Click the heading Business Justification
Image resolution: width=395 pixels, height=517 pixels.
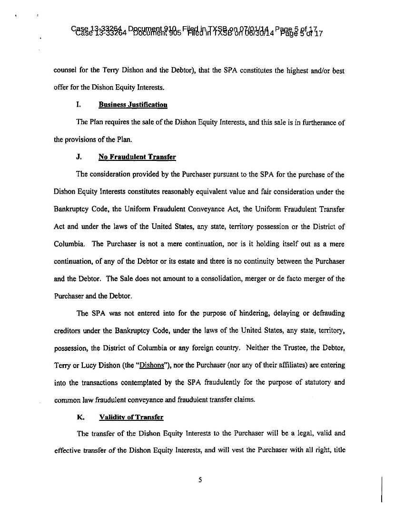(133, 105)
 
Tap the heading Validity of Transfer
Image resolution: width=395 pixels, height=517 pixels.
(131, 417)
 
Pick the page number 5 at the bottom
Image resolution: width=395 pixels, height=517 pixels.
(200, 480)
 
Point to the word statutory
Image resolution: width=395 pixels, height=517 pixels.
(306, 382)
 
